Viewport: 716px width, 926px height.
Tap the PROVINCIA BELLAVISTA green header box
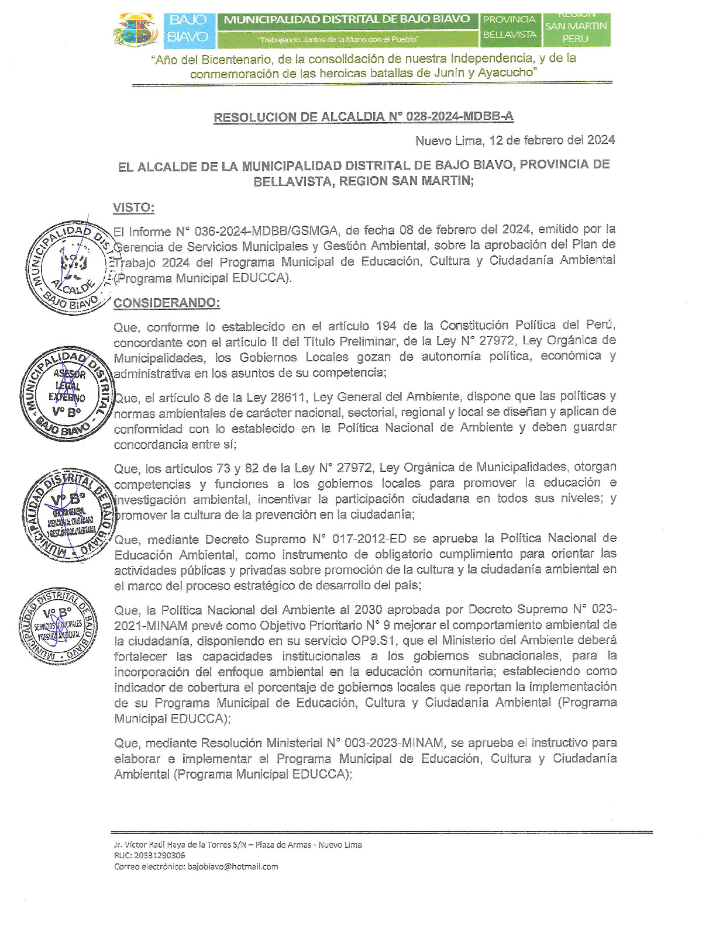[509, 27]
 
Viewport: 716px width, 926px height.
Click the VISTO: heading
[133, 208]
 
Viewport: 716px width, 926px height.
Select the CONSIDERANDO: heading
[167, 303]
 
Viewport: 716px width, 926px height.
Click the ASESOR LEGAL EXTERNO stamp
[66, 393]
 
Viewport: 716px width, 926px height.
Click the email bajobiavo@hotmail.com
[233, 866]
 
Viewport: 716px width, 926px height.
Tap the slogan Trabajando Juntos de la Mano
[338, 39]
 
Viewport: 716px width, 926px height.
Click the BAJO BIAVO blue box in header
[188, 28]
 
